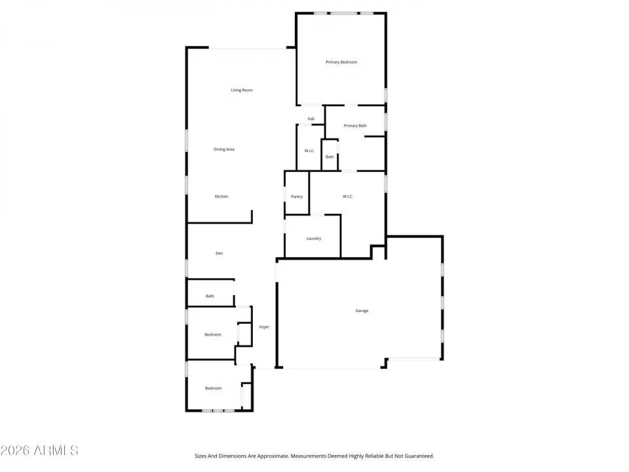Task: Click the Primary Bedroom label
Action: point(341,62)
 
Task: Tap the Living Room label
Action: point(241,90)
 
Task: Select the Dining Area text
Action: point(224,149)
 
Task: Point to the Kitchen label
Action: point(221,197)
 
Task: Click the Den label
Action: point(219,253)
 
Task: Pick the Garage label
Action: point(362,311)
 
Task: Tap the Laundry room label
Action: point(313,239)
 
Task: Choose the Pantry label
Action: point(297,197)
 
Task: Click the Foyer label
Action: point(264,327)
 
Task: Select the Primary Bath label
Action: point(355,126)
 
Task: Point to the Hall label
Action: point(311,119)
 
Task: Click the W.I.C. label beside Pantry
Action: point(348,197)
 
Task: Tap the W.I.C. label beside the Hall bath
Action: point(309,151)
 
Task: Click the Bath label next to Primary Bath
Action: point(330,157)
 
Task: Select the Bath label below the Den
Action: point(210,296)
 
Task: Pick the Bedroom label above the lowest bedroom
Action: point(213,335)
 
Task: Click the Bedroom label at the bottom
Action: point(213,389)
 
